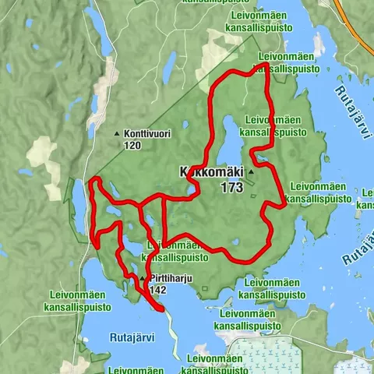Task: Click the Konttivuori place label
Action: (147, 134)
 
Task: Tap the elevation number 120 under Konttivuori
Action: (132, 145)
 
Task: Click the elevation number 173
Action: (231, 187)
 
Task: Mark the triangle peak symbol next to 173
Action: (251, 187)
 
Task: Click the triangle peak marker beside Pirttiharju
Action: (143, 278)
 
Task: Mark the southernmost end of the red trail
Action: (161, 309)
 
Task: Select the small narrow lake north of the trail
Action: (168, 62)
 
